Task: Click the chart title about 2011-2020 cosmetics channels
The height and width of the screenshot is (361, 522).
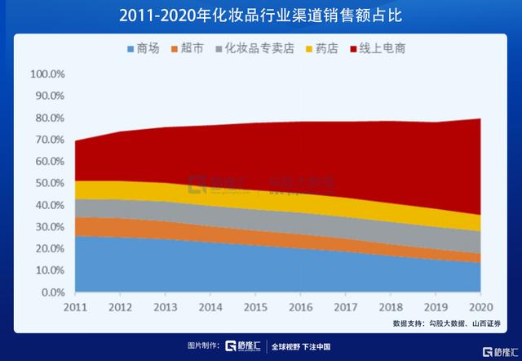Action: (x=261, y=16)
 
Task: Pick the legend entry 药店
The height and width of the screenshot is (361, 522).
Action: (x=324, y=49)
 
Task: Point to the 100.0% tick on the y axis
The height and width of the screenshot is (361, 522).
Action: (x=46, y=74)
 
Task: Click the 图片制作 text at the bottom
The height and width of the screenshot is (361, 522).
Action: (x=203, y=346)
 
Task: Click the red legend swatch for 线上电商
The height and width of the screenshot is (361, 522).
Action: (x=353, y=49)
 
